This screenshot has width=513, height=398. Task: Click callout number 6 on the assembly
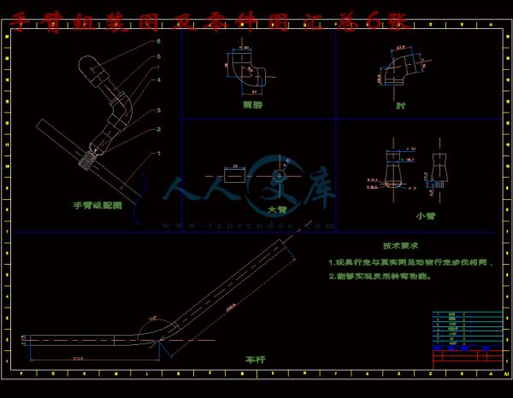(158, 41)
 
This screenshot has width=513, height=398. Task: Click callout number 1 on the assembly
(158, 153)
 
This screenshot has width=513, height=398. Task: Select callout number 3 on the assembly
(158, 110)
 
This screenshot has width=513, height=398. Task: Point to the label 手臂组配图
(97, 206)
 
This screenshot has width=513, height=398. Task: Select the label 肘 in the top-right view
(401, 106)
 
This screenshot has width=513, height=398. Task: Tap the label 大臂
(277, 209)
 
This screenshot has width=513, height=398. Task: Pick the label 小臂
(425, 216)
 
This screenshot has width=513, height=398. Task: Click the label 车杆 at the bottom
(256, 360)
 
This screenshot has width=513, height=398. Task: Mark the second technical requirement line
(380, 278)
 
